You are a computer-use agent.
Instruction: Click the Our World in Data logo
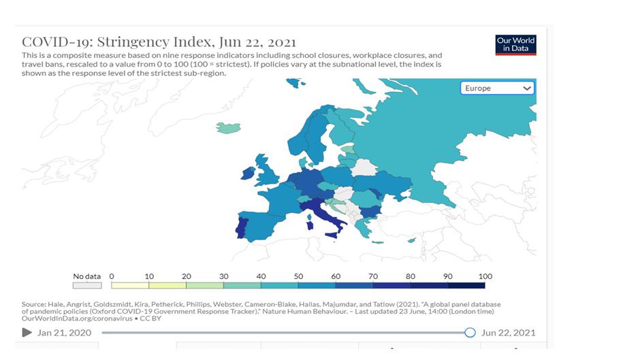tap(516, 45)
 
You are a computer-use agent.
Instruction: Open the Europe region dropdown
tap(498, 88)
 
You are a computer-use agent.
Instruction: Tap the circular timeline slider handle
tap(470, 332)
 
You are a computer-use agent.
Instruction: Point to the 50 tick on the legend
tap(298, 276)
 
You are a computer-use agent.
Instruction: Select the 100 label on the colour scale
tap(485, 276)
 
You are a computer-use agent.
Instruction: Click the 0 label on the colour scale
tap(112, 276)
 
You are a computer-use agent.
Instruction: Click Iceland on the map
tap(229, 128)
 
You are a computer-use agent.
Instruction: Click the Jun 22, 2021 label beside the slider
tap(508, 333)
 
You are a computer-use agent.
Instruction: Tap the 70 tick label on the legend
tap(373, 276)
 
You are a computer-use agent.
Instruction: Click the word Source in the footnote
tap(33, 304)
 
